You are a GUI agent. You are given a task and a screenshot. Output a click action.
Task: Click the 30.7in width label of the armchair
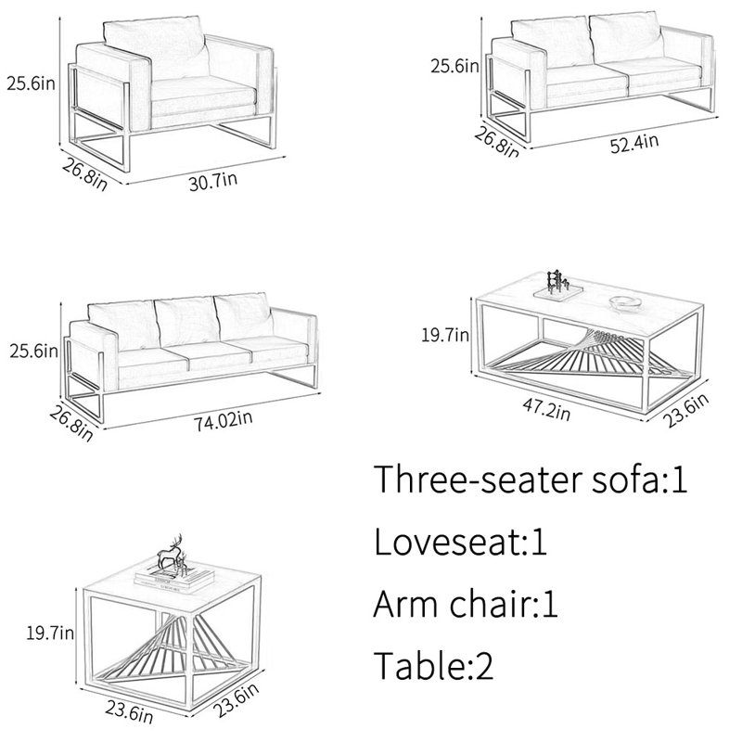click(x=213, y=181)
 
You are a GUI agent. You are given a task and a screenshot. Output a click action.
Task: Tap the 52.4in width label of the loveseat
click(x=634, y=143)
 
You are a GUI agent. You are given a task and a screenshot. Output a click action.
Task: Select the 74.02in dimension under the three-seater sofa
click(x=224, y=420)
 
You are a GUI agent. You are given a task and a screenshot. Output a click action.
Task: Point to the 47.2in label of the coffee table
click(x=546, y=409)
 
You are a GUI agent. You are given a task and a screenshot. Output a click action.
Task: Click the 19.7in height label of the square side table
click(x=50, y=633)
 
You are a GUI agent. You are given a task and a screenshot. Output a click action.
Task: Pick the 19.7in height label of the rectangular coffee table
click(x=445, y=335)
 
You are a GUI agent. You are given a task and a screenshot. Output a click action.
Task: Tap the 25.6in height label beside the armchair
click(x=31, y=83)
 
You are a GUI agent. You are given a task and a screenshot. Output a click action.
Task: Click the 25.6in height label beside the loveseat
click(x=454, y=66)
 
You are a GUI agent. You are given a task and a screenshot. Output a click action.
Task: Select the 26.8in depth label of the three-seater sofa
click(x=71, y=425)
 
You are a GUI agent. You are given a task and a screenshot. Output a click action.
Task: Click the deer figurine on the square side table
click(x=173, y=553)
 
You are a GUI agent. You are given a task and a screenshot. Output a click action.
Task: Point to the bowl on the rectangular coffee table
click(x=624, y=302)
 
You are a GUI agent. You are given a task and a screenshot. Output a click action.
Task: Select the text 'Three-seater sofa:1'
click(x=531, y=480)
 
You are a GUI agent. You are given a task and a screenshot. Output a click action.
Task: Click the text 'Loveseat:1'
click(x=460, y=542)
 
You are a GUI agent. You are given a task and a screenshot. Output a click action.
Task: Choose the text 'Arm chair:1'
click(x=466, y=605)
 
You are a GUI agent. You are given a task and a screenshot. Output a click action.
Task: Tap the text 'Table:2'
click(x=434, y=666)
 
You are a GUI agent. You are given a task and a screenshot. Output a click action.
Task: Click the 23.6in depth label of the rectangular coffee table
click(x=685, y=410)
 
